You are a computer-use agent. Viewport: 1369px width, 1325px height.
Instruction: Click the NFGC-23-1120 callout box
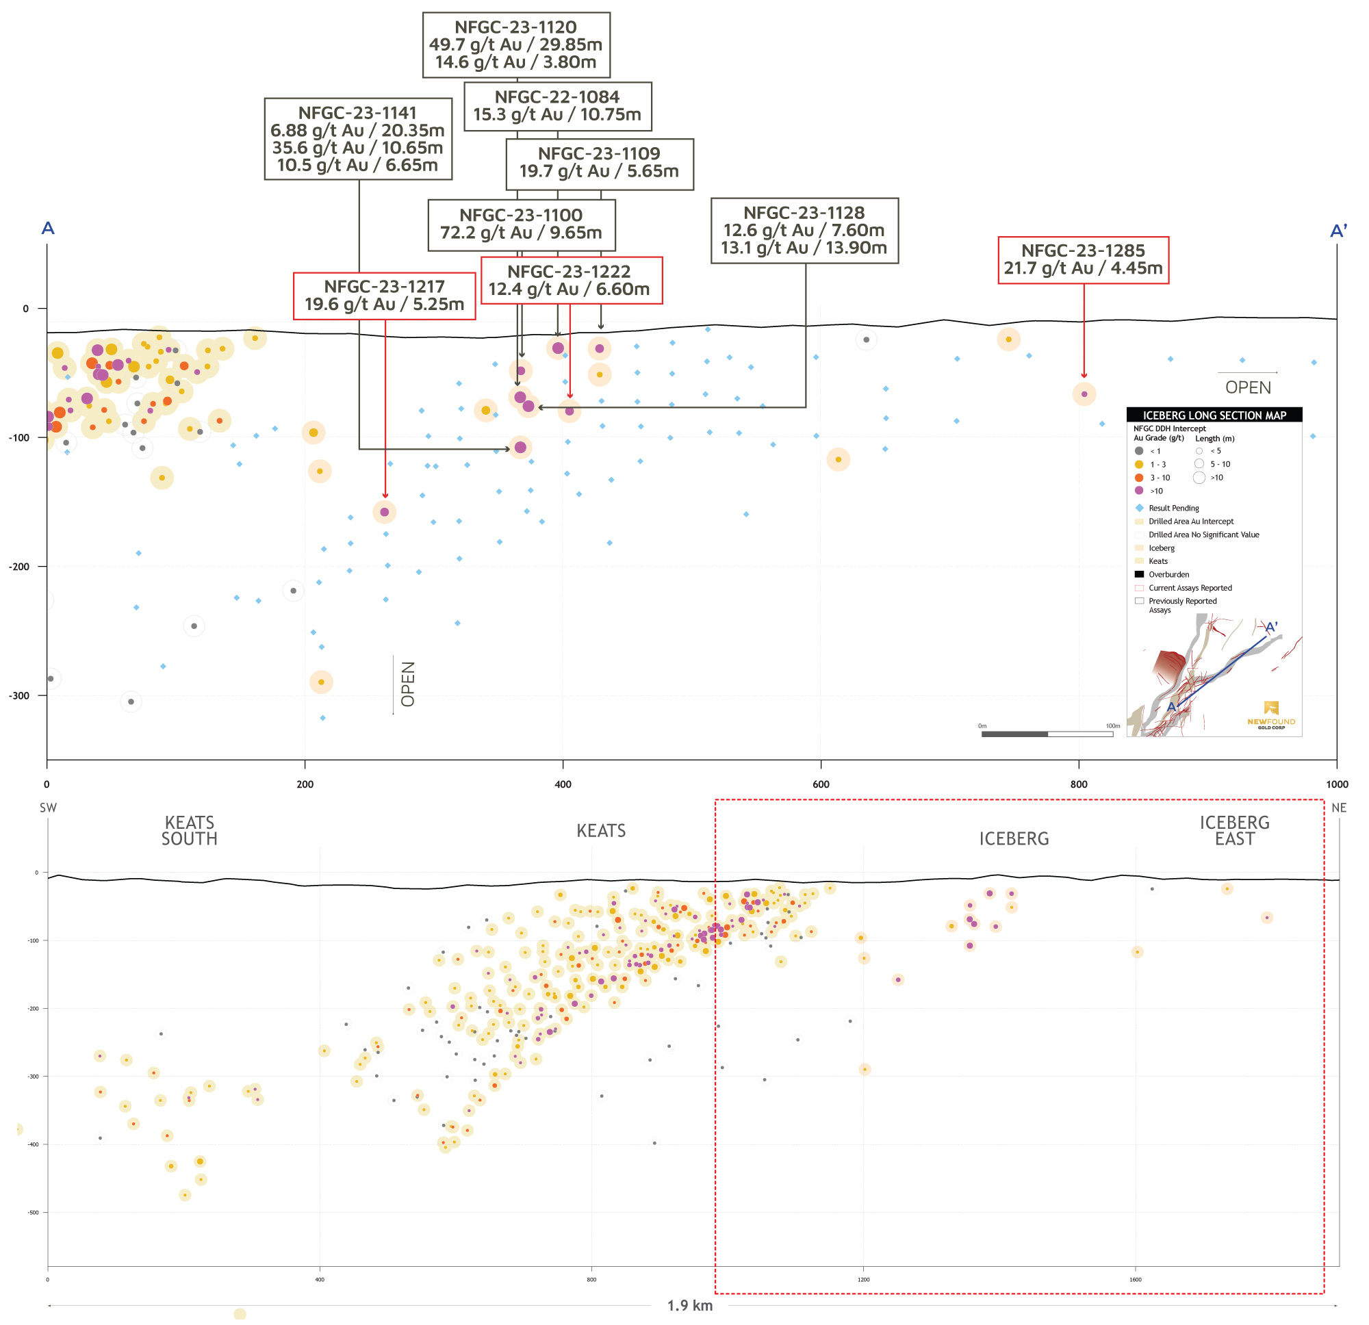[x=516, y=44]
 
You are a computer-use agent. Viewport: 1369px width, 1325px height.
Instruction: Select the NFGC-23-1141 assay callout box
[x=357, y=138]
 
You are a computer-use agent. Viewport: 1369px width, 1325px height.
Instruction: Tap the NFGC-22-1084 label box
[x=557, y=106]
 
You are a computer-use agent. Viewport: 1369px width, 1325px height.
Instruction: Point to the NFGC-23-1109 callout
[x=600, y=164]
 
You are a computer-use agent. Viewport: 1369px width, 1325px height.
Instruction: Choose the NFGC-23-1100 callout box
[x=521, y=224]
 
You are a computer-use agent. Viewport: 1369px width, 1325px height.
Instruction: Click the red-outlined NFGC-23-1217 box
[x=384, y=296]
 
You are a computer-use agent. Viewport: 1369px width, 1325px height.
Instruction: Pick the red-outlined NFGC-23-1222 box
[x=571, y=280]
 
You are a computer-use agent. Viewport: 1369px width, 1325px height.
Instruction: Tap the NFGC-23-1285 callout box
[x=1083, y=260]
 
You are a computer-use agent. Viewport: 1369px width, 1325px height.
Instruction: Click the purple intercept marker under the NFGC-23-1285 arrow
[x=1084, y=395]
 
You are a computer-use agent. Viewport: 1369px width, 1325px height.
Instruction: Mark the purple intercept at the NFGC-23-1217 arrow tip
[x=385, y=512]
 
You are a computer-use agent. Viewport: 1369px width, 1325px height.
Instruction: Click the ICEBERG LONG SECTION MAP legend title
[x=1214, y=415]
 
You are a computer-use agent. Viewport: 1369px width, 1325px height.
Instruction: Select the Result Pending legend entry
[x=1173, y=509]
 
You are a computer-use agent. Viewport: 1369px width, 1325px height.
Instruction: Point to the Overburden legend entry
[x=1168, y=575]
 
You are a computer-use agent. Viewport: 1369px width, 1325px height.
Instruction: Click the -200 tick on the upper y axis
[x=20, y=567]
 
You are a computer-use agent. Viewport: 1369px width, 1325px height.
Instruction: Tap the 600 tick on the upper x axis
[x=821, y=784]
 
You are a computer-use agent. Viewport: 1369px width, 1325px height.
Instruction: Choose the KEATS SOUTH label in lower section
[x=190, y=830]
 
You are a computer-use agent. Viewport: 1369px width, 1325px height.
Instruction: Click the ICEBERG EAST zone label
[x=1234, y=830]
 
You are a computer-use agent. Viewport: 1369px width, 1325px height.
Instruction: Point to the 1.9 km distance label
[x=689, y=1305]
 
